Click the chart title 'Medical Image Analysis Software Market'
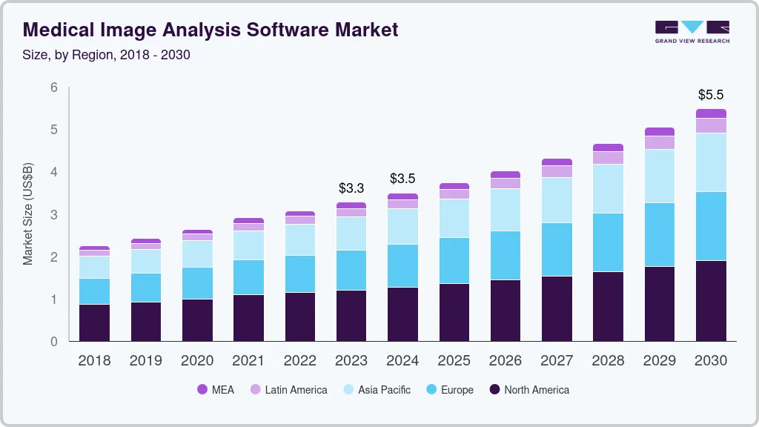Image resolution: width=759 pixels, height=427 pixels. tap(211, 30)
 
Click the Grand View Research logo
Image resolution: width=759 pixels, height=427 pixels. tap(692, 31)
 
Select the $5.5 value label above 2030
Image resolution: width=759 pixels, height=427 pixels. tap(711, 95)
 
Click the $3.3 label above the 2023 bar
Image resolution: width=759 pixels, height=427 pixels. tap(351, 188)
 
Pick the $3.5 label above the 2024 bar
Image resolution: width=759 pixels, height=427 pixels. tap(402, 179)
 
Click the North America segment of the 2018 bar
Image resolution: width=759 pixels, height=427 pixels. tap(95, 322)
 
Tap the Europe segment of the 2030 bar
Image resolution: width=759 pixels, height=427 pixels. tap(711, 226)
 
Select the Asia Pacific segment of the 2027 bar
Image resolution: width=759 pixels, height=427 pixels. tap(557, 200)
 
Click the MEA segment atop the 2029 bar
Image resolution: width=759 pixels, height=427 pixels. tap(660, 131)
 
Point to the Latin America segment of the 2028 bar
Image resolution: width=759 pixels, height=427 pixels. tap(608, 158)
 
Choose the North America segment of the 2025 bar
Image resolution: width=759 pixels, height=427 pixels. tap(454, 312)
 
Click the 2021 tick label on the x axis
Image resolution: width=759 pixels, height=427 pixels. tap(248, 361)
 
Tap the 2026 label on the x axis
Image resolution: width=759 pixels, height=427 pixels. tap(505, 361)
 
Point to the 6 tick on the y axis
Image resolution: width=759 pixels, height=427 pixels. tap(54, 87)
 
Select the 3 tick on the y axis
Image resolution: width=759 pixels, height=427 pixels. tap(54, 215)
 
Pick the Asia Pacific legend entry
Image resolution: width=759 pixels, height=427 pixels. tap(376, 390)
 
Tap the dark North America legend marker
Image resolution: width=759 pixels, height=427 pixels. tap(494, 390)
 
